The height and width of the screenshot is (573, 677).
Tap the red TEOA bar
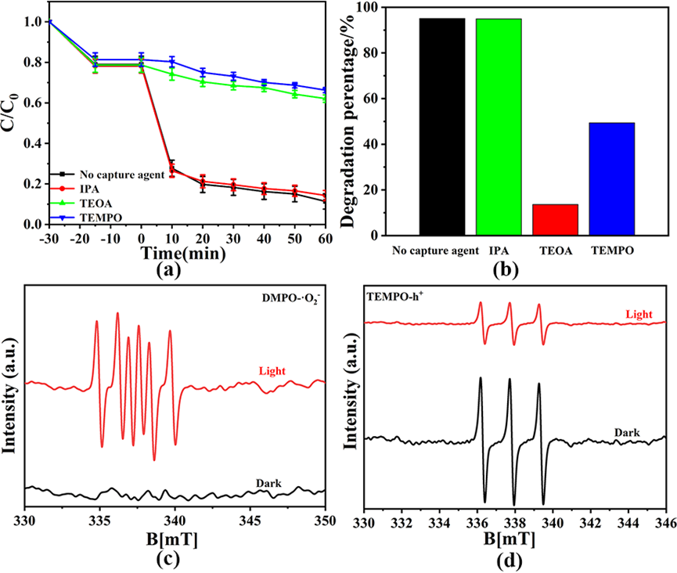point(555,220)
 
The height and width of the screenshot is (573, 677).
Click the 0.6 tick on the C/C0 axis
point(34,103)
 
